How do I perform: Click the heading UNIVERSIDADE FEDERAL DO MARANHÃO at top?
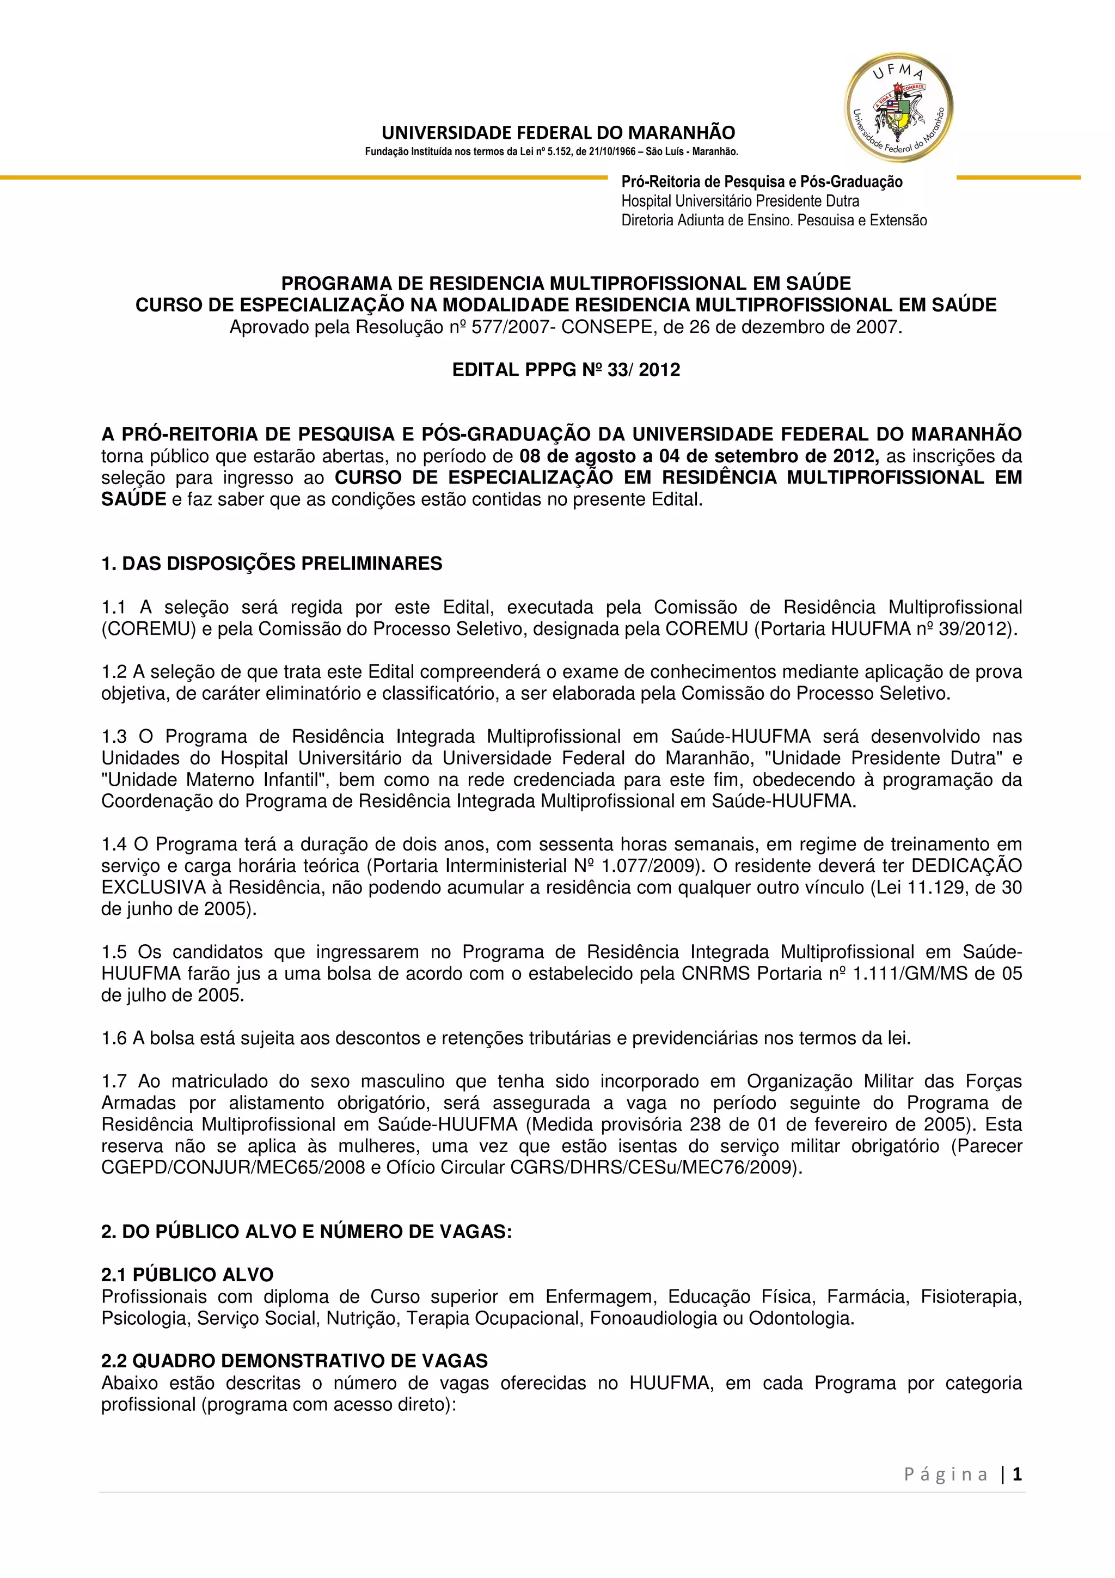558,133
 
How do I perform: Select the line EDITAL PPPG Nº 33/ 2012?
566,370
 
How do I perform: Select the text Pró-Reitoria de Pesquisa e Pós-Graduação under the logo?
761,181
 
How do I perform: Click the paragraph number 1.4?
114,844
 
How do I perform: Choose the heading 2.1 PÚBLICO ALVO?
187,1274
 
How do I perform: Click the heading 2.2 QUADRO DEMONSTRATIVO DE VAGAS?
294,1360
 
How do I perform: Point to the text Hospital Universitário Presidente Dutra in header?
740,201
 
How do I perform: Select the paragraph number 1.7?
114,1081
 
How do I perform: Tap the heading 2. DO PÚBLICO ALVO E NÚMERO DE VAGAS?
307,1231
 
